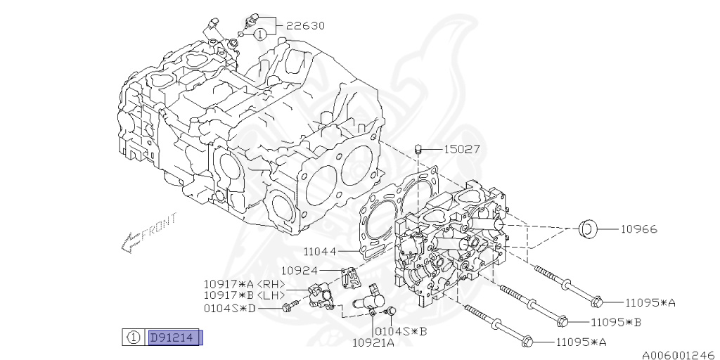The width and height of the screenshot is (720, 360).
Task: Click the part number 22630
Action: click(305, 26)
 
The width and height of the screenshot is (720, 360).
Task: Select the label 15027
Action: click(462, 149)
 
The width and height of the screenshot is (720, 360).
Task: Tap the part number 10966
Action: click(638, 229)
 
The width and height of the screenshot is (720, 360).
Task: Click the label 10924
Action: click(300, 271)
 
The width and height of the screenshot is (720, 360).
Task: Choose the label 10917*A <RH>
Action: click(245, 284)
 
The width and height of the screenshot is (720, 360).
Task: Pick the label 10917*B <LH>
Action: click(245, 295)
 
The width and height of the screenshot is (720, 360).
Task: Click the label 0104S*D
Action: click(230, 309)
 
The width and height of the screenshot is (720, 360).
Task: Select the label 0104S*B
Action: click(401, 331)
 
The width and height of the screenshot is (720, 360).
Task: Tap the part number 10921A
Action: click(373, 342)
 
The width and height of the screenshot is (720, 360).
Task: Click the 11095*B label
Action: click(615, 322)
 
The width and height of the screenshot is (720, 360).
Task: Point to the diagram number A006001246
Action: click(681, 355)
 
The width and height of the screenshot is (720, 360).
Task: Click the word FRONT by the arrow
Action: click(160, 226)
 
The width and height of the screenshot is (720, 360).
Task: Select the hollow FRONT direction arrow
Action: click(131, 242)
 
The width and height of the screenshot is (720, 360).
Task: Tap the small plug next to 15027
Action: click(418, 149)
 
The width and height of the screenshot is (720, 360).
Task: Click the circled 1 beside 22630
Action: click(259, 34)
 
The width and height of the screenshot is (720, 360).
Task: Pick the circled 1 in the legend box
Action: click(134, 338)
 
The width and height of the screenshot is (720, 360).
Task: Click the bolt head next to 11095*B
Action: click(562, 321)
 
